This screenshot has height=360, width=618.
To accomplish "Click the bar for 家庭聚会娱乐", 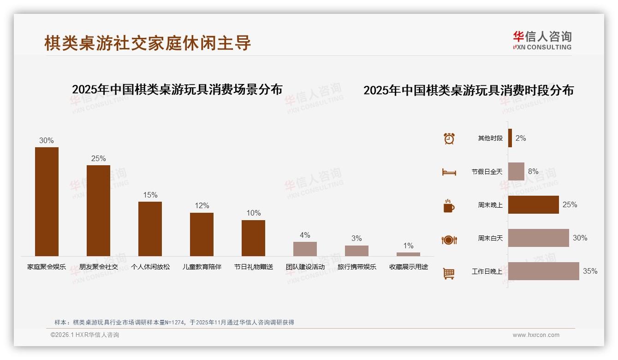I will (47, 202).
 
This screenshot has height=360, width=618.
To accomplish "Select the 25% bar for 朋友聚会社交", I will (98, 210).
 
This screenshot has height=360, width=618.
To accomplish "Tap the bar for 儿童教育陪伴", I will (202, 234).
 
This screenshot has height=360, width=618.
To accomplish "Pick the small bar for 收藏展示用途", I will (408, 254).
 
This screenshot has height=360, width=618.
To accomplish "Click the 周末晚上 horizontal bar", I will (533, 205).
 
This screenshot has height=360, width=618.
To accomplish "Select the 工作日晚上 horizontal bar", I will (543, 271).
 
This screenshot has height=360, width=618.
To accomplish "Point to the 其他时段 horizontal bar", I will (510, 138).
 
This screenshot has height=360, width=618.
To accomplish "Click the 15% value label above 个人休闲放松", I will (150, 195).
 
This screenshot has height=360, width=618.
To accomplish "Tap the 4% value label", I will (305, 235).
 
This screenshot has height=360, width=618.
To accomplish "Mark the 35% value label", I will (590, 271).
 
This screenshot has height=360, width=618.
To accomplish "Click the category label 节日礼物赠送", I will (253, 267).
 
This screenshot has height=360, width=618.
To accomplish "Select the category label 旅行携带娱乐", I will (357, 267).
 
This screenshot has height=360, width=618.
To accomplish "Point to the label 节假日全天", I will (487, 172).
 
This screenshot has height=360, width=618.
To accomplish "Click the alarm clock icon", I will (449, 138).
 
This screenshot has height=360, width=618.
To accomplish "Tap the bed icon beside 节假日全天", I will (449, 172).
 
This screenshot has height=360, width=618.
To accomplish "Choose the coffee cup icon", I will (449, 206).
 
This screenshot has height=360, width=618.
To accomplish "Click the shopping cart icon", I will (449, 273).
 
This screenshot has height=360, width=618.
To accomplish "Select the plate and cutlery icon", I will (449, 240).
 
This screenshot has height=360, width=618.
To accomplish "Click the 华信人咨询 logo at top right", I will (542, 40).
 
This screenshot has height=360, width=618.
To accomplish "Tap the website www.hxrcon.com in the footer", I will (535, 335).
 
